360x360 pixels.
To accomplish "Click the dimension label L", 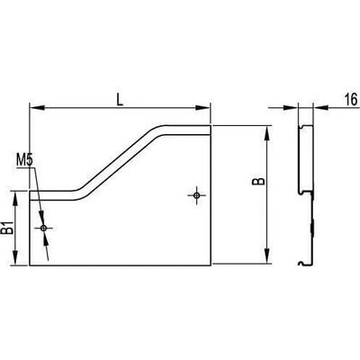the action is tap(120, 99).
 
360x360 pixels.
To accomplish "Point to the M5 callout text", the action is tap(24, 160).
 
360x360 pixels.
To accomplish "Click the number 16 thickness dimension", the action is tap(351, 99).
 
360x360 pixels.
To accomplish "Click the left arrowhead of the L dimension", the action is tap(37, 108).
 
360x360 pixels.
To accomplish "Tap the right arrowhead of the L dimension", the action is tap(202, 108).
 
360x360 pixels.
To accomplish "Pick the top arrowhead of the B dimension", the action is tap(267, 132).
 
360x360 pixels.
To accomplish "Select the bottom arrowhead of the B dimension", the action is tap(267, 256).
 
